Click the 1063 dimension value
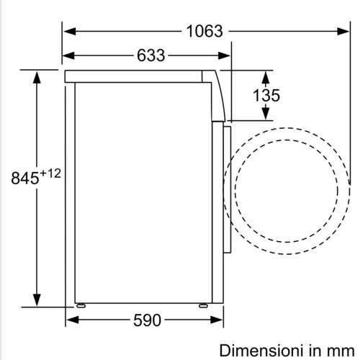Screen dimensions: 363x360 (205, 32)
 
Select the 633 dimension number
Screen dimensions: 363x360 (151, 55)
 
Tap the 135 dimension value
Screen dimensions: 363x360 (266, 95)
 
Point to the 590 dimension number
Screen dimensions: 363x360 (147, 320)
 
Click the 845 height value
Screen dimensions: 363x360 (25, 178)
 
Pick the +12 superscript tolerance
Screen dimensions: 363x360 (50, 174)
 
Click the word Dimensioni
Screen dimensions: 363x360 (262, 351)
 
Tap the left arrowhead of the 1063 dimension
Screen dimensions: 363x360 (70, 32)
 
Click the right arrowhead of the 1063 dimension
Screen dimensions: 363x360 (343, 32)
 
